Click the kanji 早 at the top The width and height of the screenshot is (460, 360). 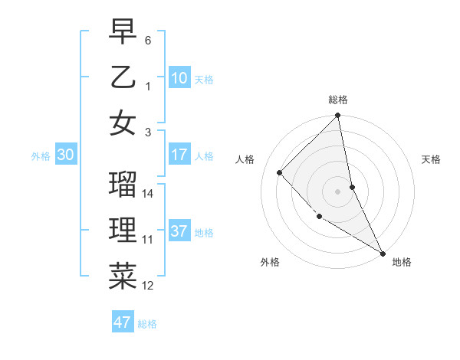click(x=123, y=33)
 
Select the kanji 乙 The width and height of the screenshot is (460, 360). click(x=123, y=78)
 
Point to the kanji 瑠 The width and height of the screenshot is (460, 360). click(x=123, y=185)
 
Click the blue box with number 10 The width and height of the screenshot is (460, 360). click(x=179, y=77)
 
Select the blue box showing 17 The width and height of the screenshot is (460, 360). click(x=179, y=155)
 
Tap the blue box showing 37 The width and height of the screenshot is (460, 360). click(x=179, y=231)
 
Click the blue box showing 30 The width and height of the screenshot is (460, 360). click(x=65, y=155)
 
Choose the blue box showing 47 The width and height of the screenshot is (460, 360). click(x=123, y=322)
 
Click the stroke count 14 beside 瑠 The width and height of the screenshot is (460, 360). click(x=149, y=194)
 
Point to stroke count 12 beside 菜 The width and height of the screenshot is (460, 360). click(x=149, y=286)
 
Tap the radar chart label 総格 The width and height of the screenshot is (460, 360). click(x=338, y=100)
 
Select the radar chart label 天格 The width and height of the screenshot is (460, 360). click(x=432, y=159)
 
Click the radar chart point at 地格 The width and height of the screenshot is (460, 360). click(x=383, y=253)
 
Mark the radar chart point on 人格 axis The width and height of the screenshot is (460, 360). click(x=280, y=172)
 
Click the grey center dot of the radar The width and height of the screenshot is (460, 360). click(x=338, y=191)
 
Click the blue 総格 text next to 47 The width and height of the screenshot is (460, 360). click(x=147, y=323)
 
